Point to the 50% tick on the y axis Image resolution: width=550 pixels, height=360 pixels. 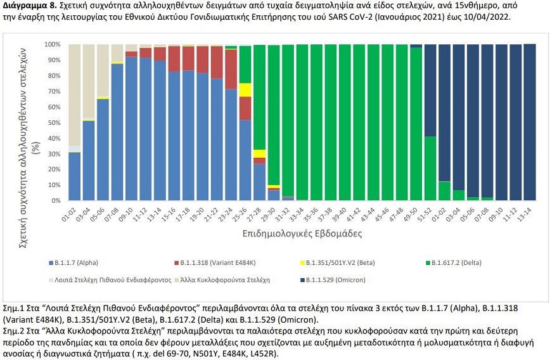tap(53, 123)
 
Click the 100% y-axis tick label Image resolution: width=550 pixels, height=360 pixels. tap(52, 45)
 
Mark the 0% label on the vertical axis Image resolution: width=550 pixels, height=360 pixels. tap(55, 201)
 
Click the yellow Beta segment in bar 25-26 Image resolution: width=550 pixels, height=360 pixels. tap(245, 90)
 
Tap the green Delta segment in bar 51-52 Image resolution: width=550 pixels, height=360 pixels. tap(431, 169)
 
